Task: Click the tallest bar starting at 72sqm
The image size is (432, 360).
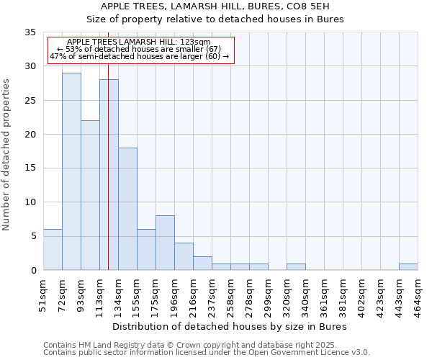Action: pos(71,171)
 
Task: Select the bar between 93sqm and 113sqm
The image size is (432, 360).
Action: pos(90,195)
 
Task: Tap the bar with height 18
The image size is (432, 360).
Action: pos(127,209)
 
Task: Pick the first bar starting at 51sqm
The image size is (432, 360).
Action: pos(53,250)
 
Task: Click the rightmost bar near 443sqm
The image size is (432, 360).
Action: pos(408,267)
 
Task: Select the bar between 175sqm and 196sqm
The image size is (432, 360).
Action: pos(165,243)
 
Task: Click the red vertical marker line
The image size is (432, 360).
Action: pos(108,180)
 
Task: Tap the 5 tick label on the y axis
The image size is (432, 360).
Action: pos(33,237)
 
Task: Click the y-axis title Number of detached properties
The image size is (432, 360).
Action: pos(7,155)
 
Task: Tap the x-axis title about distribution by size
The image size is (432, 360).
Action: pos(230,326)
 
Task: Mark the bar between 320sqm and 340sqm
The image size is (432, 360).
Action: pos(296,267)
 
